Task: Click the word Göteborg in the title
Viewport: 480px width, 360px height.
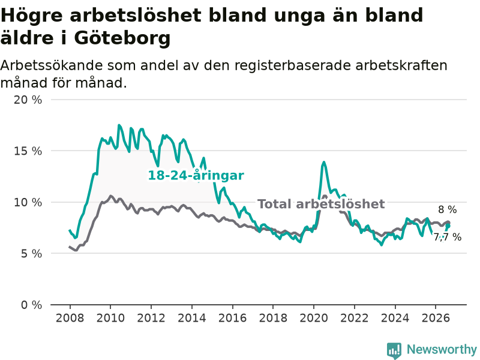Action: (122, 39)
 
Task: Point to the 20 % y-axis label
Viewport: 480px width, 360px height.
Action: (28, 100)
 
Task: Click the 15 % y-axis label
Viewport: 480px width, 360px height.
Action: (28, 151)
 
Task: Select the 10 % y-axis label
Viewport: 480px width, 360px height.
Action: (28, 202)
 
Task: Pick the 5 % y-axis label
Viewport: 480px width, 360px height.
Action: (32, 253)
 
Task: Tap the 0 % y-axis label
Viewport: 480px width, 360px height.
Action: (32, 305)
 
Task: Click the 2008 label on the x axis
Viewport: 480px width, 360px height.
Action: (70, 318)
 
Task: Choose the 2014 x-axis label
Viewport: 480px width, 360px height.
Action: (192, 318)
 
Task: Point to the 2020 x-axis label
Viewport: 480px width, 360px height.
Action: (314, 318)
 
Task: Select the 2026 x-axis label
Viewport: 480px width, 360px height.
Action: (436, 318)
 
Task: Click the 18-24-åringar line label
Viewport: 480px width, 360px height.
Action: (196, 175)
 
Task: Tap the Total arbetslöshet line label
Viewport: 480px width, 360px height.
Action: (321, 204)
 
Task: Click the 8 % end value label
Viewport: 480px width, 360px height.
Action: (448, 209)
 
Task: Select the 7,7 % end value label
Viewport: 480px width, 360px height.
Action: (448, 237)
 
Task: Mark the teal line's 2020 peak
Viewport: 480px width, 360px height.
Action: (323, 162)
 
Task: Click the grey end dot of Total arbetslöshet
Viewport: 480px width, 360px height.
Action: (448, 223)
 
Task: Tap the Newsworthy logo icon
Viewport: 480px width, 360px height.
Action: (394, 350)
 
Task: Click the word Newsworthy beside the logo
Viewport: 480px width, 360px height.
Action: (442, 349)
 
